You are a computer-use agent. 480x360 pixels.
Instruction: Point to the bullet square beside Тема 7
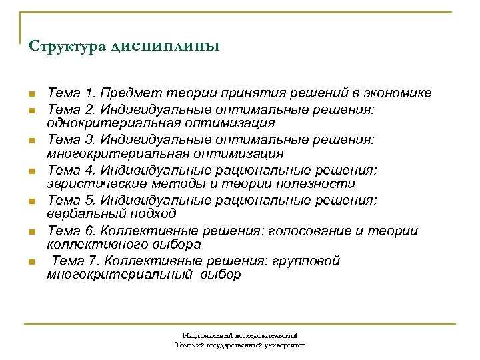point(31,261)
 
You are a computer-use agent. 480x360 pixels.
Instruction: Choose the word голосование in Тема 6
point(300,231)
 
